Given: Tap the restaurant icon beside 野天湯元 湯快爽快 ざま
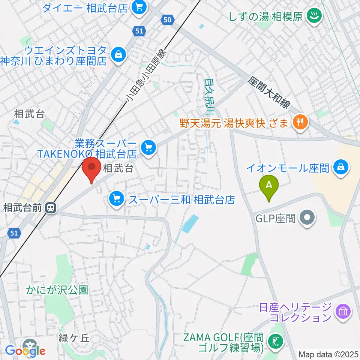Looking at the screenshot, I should tap(300, 122).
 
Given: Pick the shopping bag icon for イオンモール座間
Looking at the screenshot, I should tap(342, 167).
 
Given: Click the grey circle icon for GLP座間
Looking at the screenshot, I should tap(308, 218).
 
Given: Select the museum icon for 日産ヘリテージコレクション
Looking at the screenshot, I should tap(343, 311).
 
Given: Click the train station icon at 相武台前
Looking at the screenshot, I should tap(50, 207).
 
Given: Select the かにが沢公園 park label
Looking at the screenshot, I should tap(57, 290).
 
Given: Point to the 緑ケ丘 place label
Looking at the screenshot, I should tap(74, 338).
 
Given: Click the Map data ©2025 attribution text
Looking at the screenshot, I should tap(328, 354).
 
